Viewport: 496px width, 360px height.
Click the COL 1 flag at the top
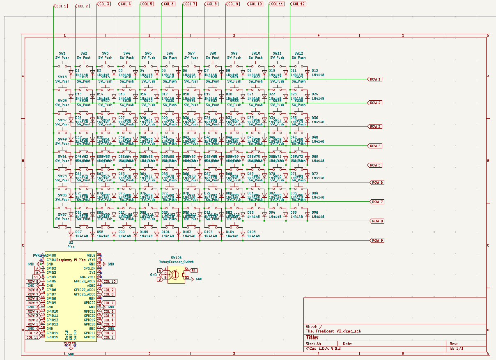pos(61,6)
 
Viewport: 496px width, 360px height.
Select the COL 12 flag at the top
pos(298,4)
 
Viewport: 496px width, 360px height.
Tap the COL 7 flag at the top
pos(190,4)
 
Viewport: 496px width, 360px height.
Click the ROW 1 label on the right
pos(375,79)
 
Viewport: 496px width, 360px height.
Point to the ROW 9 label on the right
pos(377,240)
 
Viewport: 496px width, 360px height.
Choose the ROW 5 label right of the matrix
pos(375,165)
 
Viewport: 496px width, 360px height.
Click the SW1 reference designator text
pos(62,53)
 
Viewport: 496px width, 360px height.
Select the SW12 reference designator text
pos(299,53)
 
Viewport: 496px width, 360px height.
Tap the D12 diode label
pos(315,71)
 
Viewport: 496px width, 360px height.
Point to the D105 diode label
pos(251,232)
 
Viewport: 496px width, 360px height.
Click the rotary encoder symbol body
pos(176,274)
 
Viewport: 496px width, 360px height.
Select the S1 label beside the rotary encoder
pos(194,270)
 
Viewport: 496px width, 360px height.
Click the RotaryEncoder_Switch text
pos(176,262)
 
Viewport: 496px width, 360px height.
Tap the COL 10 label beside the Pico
pos(109,282)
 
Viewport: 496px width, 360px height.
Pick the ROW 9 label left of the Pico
pos(33,282)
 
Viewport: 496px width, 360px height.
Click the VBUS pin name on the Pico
pos(91,256)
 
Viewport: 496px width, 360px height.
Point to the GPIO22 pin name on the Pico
pos(90,303)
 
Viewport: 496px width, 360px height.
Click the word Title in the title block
pos(312,337)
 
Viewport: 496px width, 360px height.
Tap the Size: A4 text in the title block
pos(313,344)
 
